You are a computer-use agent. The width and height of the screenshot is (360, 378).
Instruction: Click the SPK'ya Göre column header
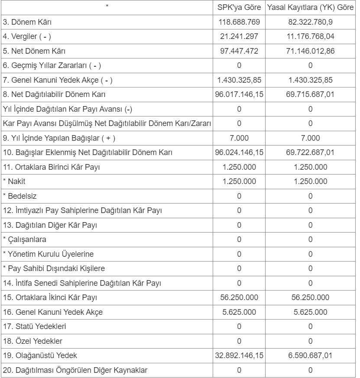coord(239,8)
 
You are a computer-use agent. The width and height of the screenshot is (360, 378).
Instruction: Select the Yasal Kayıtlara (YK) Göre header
coord(310,8)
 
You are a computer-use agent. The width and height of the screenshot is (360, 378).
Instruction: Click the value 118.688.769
coord(239,22)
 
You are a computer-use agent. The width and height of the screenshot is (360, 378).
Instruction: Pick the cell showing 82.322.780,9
coord(310,22)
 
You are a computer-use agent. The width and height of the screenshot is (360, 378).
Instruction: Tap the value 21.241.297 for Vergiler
coord(239,36)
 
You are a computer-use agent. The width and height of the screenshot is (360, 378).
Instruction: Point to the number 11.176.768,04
coord(310,36)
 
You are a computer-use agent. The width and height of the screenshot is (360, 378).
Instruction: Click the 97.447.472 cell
coord(239,51)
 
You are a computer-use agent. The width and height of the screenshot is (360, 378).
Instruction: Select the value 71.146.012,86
coord(310,51)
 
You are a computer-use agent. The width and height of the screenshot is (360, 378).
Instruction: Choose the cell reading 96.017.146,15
coord(239,94)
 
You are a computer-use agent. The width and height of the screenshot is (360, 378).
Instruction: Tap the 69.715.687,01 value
coord(310,94)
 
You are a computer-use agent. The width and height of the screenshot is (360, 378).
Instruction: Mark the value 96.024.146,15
coord(239,152)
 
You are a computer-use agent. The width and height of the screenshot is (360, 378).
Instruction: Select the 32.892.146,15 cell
coord(239,355)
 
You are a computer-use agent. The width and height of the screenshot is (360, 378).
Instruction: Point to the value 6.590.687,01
coord(310,355)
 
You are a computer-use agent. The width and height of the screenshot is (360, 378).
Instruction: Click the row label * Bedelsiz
coord(17,196)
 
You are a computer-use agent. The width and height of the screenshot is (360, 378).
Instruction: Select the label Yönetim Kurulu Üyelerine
coord(49,254)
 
